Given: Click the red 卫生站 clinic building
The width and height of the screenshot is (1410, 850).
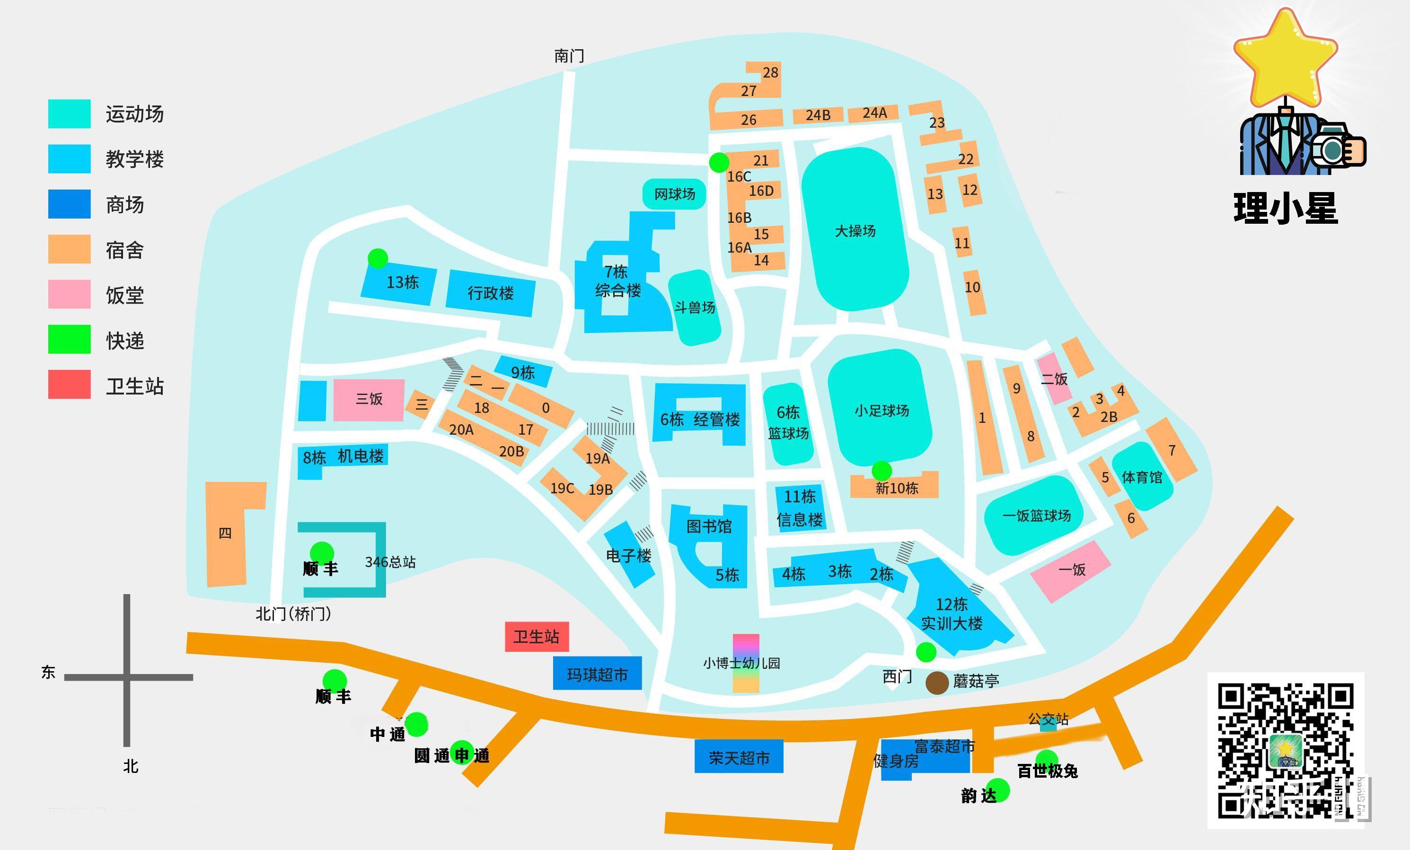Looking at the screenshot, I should [x=536, y=636].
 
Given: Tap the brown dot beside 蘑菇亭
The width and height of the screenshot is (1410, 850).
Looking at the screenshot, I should [x=937, y=683].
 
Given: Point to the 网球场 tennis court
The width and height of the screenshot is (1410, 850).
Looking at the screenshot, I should [x=674, y=194].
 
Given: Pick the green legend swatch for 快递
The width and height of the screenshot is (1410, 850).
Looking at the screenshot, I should [x=69, y=339].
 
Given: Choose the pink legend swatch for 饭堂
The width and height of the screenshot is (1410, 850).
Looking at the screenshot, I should [x=69, y=294].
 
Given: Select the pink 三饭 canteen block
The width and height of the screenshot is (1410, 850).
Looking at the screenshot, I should [x=369, y=400].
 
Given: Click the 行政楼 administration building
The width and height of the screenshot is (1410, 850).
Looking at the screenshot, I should [x=490, y=293].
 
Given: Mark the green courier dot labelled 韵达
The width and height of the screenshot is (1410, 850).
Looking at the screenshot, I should [x=998, y=789].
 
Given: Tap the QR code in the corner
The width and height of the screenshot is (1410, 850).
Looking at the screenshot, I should [x=1285, y=749].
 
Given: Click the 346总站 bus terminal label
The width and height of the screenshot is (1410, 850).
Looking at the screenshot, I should [x=390, y=562].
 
